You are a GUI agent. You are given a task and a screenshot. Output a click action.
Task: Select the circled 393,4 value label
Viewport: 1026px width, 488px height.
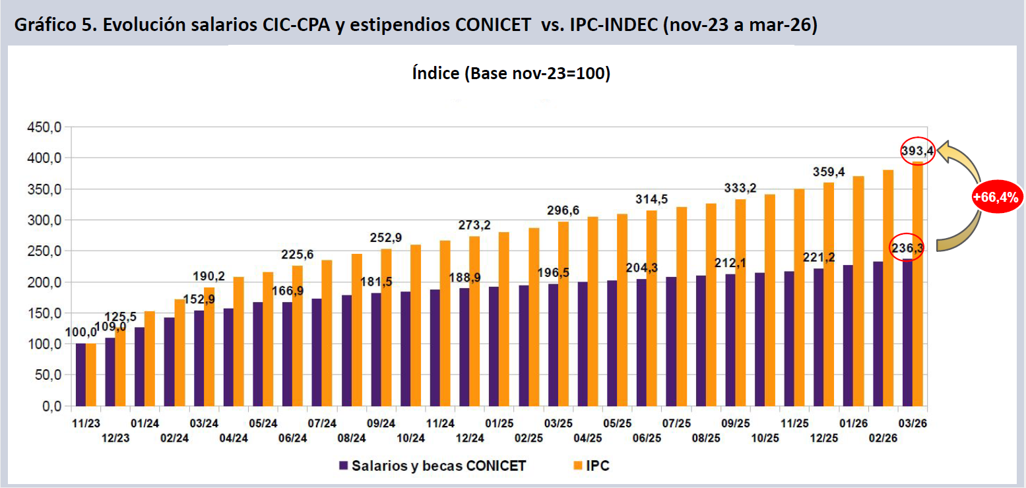918,151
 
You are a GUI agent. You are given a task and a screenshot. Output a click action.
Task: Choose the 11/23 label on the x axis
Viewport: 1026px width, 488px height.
85,422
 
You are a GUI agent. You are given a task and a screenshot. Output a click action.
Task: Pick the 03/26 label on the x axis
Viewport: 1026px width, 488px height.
912,422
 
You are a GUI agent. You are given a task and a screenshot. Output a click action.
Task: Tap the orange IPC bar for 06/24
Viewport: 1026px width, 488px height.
298,336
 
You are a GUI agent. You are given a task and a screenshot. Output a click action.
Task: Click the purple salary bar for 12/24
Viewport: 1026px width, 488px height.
465,347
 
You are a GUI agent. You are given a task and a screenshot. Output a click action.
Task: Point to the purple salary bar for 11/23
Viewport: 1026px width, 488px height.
80,375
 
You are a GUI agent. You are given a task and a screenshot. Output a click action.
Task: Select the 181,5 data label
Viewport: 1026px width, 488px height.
377,282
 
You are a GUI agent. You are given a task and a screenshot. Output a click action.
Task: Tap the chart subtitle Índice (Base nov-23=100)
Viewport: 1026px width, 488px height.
511,73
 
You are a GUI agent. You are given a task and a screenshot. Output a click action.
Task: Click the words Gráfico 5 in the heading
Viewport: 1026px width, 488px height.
54,25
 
